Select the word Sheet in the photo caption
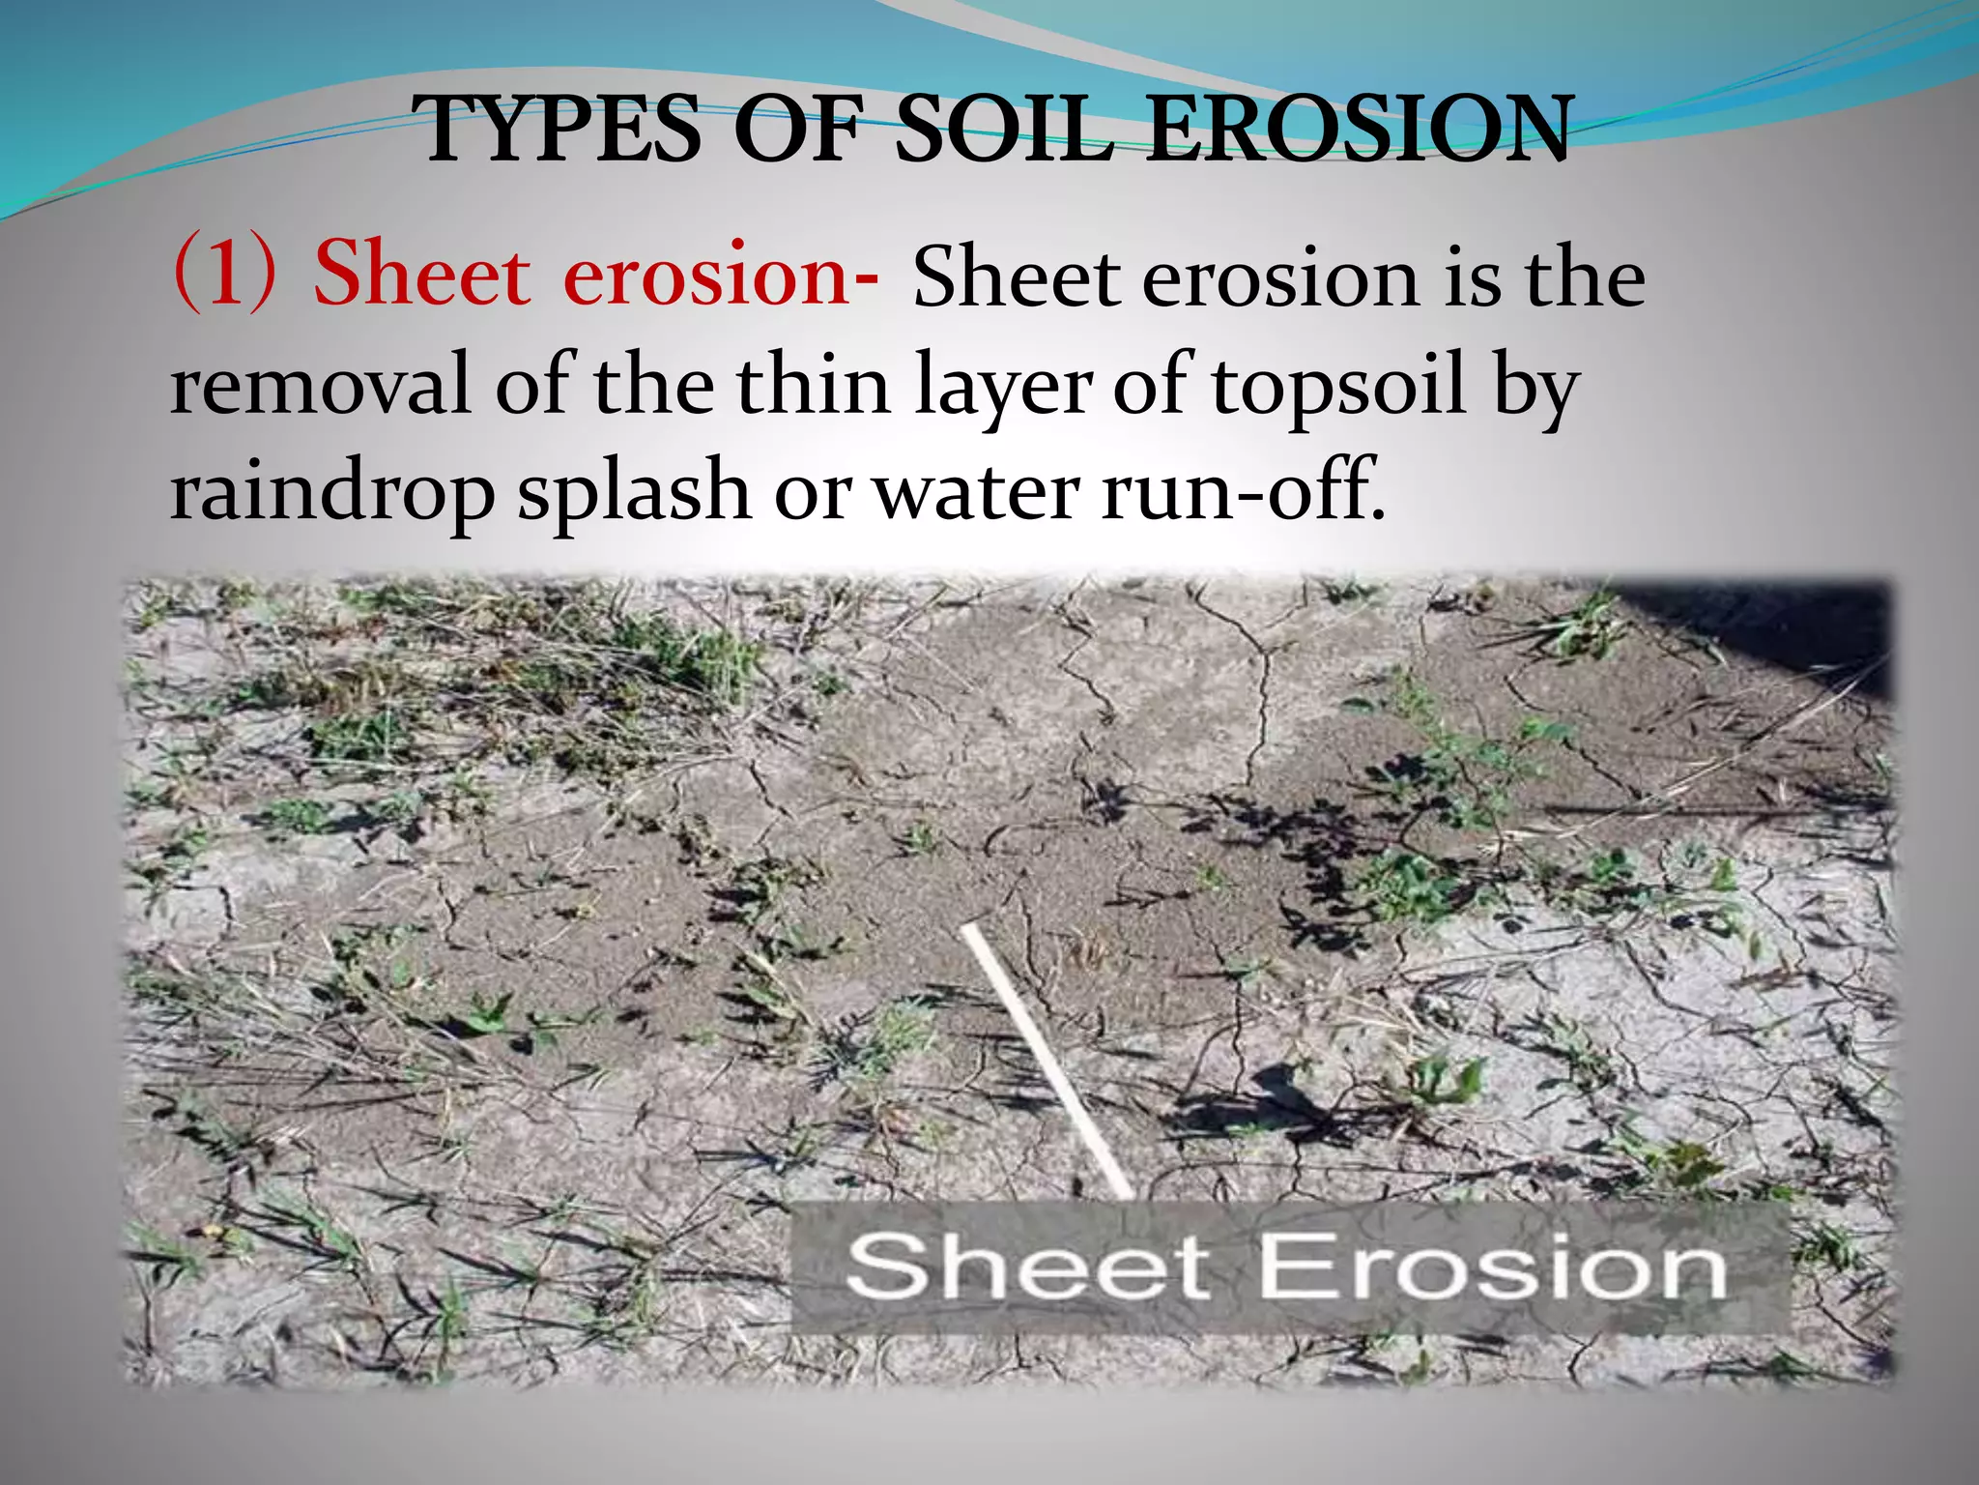tap(1027, 1267)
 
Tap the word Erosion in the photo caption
tap(1493, 1267)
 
